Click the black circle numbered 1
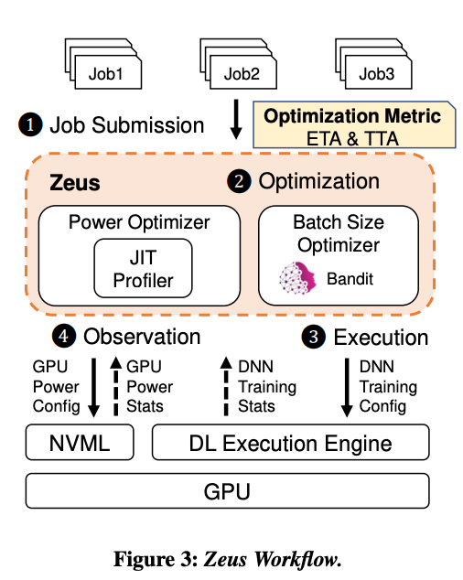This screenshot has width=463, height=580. coord(32,124)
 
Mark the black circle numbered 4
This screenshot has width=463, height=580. coord(65,337)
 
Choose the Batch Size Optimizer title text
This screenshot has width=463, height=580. coord(339,232)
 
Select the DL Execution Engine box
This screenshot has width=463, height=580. coord(289,445)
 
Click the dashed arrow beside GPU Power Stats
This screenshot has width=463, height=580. coord(115,385)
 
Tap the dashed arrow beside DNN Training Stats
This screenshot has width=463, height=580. coord(225,385)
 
